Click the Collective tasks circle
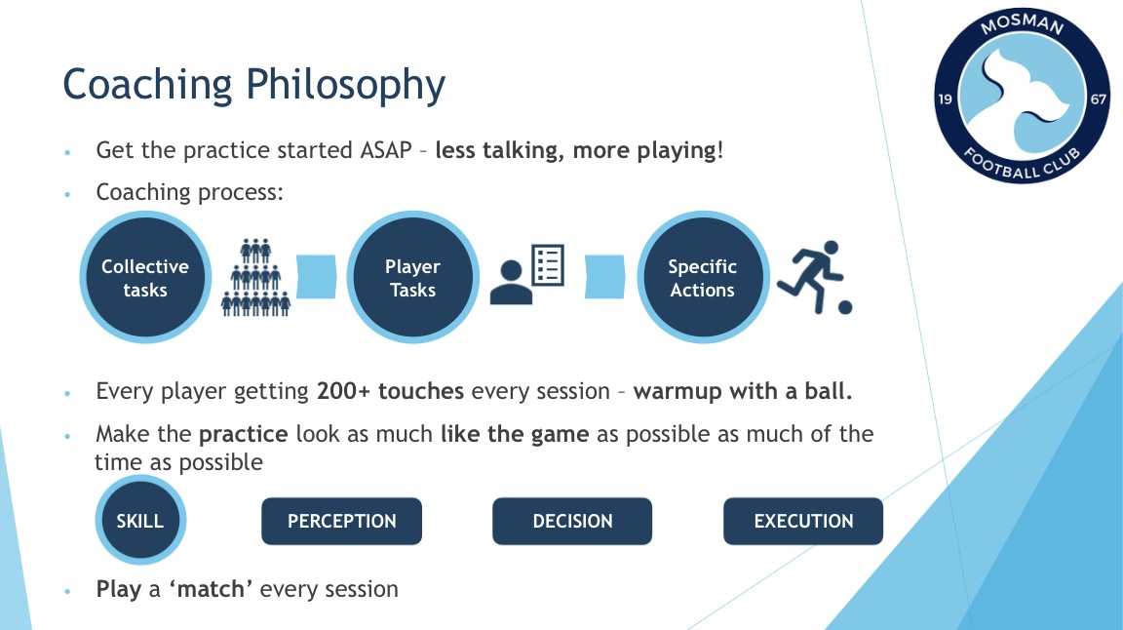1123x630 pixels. coord(145,277)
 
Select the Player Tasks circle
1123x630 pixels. coord(412,277)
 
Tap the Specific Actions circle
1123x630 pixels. coord(703,277)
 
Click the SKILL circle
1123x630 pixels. coord(140,521)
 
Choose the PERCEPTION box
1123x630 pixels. coord(341,521)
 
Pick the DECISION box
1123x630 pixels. coord(572,521)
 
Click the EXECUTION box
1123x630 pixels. coord(803,521)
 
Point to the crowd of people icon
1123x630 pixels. coord(255,277)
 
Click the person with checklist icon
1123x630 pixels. coord(527,274)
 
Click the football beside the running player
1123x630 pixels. coord(845,307)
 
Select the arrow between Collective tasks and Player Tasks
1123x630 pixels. coord(317,277)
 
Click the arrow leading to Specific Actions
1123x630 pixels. coord(605,277)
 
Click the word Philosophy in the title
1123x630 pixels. coord(345,86)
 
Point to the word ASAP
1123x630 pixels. coord(386,150)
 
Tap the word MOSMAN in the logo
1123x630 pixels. coord(1022,24)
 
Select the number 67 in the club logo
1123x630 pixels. coord(1098,98)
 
